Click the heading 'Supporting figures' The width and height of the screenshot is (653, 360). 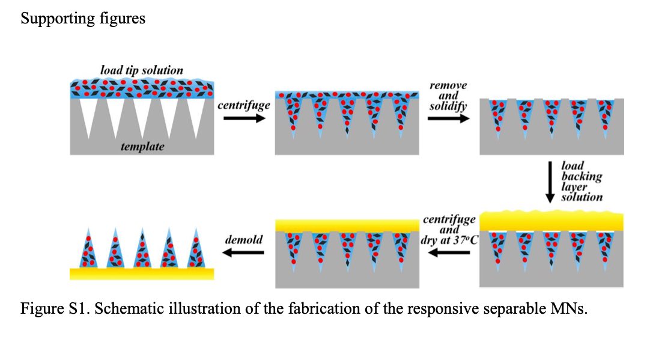click(x=83, y=19)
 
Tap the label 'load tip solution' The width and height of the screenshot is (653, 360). click(x=142, y=70)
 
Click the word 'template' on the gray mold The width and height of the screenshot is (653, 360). click(x=142, y=146)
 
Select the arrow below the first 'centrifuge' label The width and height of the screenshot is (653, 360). click(x=244, y=118)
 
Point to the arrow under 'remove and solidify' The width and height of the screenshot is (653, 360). click(x=449, y=118)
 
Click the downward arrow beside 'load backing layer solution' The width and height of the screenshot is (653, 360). click(x=550, y=182)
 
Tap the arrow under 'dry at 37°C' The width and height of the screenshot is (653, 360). click(x=449, y=252)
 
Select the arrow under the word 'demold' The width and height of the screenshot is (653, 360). click(x=243, y=252)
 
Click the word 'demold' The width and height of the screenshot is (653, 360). click(x=244, y=240)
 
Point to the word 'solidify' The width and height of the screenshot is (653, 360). click(x=448, y=106)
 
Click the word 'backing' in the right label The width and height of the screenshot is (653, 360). click(x=582, y=176)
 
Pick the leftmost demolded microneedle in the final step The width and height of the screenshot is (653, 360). click(x=88, y=248)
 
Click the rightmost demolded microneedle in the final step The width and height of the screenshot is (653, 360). click(x=196, y=248)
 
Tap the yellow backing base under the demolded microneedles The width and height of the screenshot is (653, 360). click(x=142, y=273)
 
